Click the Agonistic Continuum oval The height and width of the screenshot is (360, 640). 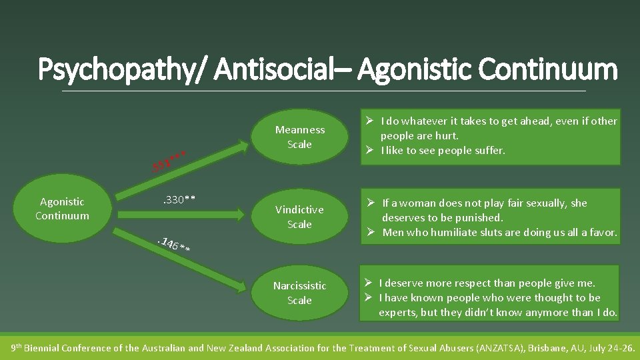click(62, 208)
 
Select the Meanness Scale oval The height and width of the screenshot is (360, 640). click(299, 137)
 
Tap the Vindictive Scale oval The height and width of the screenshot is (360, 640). click(299, 217)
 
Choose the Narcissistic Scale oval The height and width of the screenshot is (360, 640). click(299, 293)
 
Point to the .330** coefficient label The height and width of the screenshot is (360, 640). click(179, 199)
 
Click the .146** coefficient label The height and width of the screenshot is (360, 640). click(175, 245)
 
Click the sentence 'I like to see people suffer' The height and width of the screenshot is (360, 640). click(443, 151)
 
